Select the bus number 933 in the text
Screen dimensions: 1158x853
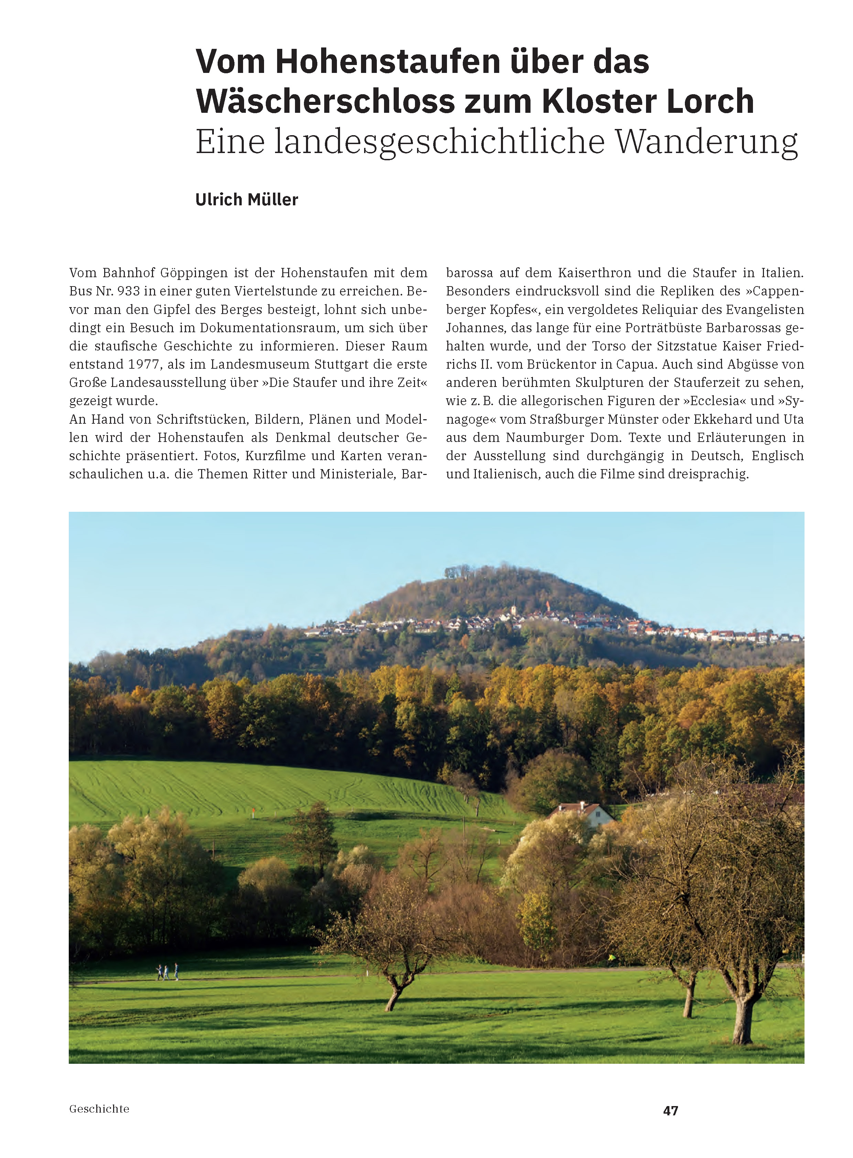[129, 291]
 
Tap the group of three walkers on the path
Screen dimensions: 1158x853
[167, 972]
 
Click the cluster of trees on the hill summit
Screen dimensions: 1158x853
[457, 572]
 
